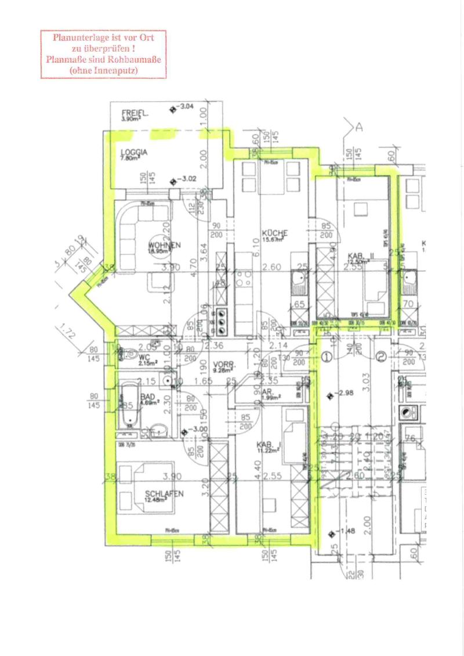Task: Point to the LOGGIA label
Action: pyautogui.click(x=134, y=152)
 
